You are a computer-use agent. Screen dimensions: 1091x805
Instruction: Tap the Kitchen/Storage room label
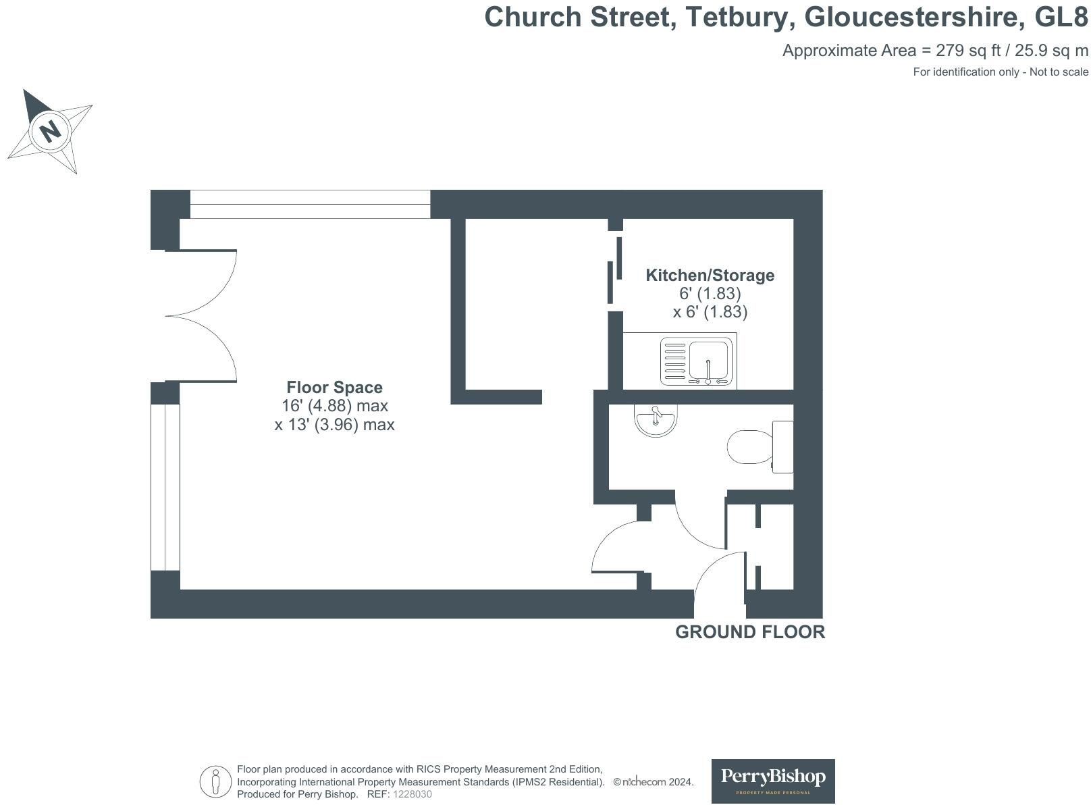pyautogui.click(x=710, y=275)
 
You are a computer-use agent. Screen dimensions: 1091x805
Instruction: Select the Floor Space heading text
pyautogui.click(x=334, y=387)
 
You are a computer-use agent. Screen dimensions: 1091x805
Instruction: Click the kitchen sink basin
pyautogui.click(x=708, y=362)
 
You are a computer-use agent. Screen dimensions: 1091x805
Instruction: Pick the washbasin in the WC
pyautogui.click(x=655, y=419)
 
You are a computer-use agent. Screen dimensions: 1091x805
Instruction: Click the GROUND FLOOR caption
pyautogui.click(x=749, y=632)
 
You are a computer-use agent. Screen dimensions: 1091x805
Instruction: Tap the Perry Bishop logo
pyautogui.click(x=773, y=781)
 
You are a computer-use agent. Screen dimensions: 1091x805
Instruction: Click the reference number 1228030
pyautogui.click(x=412, y=794)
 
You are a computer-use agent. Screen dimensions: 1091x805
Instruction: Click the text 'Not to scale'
pyautogui.click(x=1059, y=72)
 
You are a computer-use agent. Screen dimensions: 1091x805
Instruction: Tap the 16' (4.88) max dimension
pyautogui.click(x=334, y=406)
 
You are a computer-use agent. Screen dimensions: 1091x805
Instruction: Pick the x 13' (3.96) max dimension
pyautogui.click(x=334, y=425)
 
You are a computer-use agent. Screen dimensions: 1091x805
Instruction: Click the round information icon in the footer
pyautogui.click(x=215, y=782)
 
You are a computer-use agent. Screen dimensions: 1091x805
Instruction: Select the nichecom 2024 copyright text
pyautogui.click(x=653, y=782)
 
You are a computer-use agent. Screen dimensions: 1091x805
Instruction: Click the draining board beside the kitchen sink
pyautogui.click(x=675, y=362)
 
